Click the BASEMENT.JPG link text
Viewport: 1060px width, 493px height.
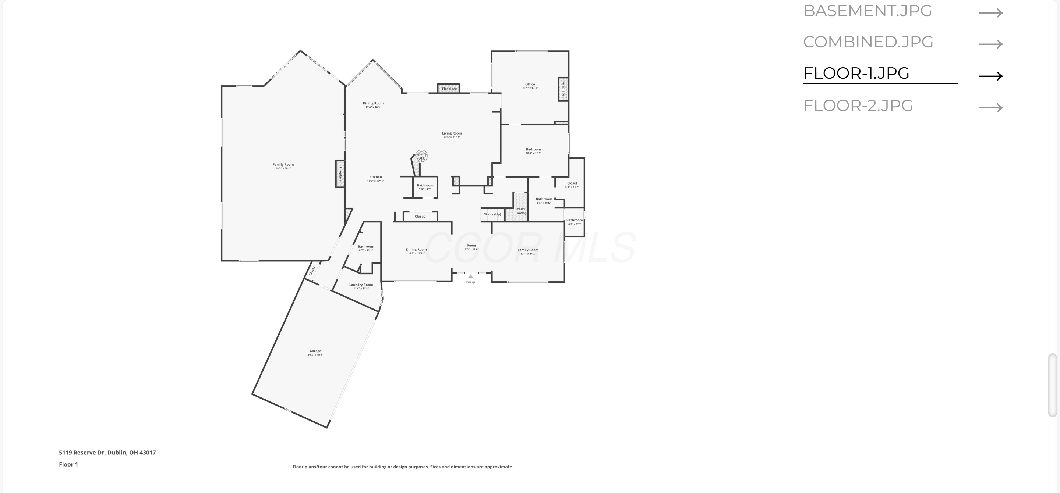point(867,11)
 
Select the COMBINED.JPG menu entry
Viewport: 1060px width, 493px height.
point(868,42)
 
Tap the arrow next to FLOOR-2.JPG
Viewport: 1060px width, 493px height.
point(990,108)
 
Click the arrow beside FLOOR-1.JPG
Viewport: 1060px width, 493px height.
point(990,76)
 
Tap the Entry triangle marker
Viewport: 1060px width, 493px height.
point(470,277)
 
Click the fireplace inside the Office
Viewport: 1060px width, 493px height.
point(563,89)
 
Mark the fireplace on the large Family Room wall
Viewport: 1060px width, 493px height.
point(340,174)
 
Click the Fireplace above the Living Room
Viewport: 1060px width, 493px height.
point(449,88)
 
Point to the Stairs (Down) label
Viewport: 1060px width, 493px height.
point(520,211)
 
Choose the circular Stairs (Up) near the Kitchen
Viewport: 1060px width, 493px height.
point(421,156)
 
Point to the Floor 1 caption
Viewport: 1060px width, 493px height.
point(68,464)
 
